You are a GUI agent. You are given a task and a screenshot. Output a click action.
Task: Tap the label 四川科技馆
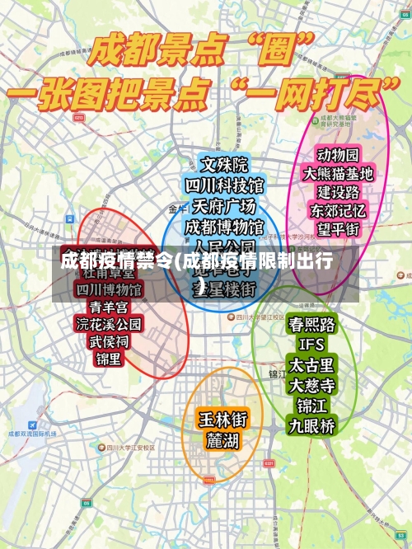(224, 185)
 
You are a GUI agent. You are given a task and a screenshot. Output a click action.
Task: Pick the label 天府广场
(224, 205)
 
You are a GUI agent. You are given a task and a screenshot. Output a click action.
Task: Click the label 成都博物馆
(224, 225)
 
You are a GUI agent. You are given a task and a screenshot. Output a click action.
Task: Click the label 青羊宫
(108, 307)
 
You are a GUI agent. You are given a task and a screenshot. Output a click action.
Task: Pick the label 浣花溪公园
(108, 324)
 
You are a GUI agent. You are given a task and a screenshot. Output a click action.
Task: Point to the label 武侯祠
(108, 341)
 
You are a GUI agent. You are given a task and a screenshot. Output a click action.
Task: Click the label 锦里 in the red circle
(108, 359)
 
